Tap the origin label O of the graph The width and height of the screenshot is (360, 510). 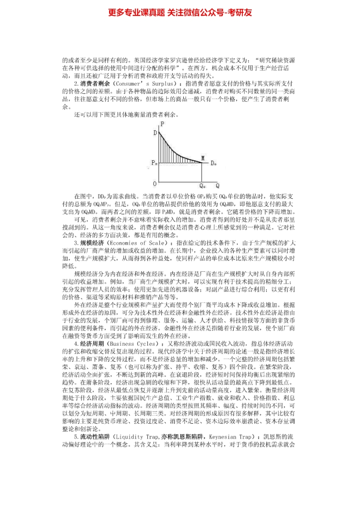pos(155,184)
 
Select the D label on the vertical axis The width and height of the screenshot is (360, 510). pos(155,133)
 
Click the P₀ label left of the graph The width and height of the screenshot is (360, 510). pos(155,163)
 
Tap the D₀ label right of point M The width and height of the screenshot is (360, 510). pos(214,163)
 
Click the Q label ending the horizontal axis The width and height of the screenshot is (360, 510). pos(217,185)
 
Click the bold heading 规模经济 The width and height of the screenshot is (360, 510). pos(92,243)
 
